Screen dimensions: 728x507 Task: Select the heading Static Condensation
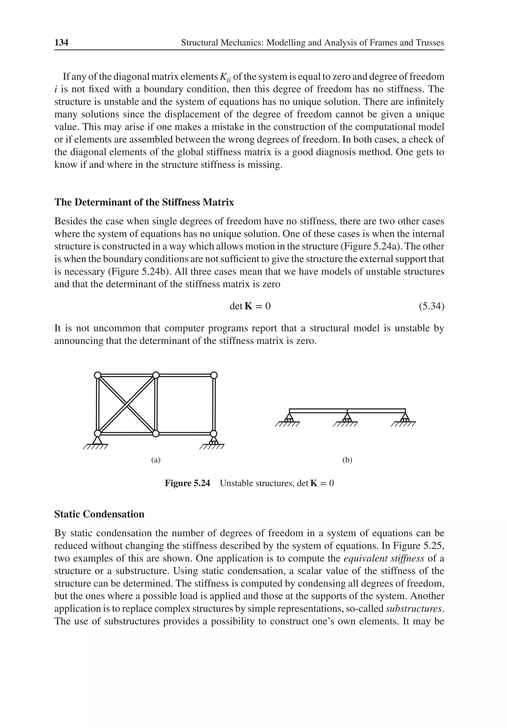click(99, 514)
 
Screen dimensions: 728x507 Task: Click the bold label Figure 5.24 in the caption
click(187, 483)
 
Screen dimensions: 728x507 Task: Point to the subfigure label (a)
click(156, 460)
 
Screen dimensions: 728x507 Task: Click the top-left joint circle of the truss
click(98, 375)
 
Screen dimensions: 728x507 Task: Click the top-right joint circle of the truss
click(214, 375)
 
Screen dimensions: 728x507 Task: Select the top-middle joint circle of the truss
click(156, 375)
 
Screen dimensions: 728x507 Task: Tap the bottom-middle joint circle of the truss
click(155, 433)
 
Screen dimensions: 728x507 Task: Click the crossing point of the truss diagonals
click(127, 405)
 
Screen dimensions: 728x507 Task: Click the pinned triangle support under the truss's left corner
click(97, 441)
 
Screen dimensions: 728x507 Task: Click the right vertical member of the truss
click(214, 405)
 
